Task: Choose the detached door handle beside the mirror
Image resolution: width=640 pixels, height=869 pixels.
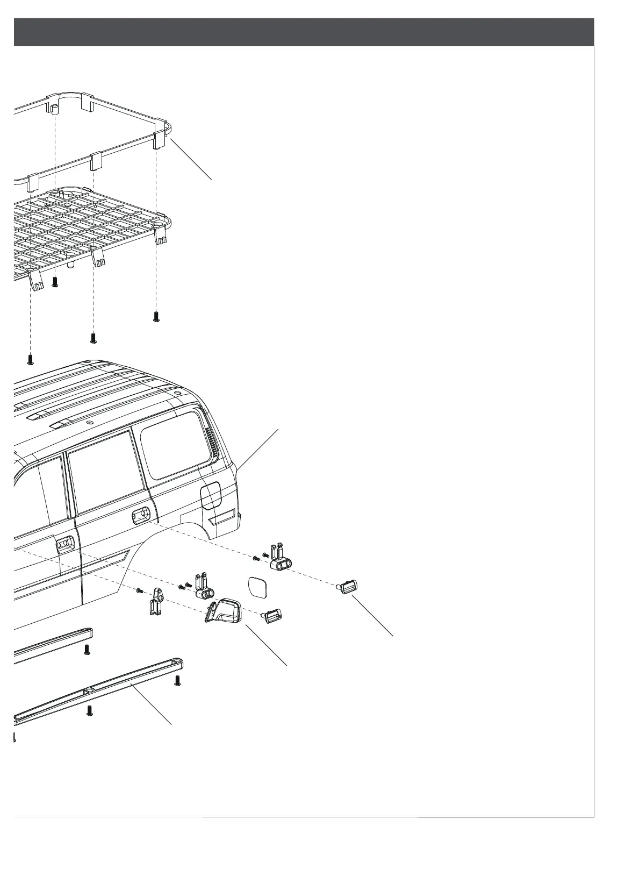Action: [272, 615]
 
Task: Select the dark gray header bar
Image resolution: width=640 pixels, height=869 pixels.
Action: [304, 32]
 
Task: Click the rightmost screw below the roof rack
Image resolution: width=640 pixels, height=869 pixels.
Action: [156, 317]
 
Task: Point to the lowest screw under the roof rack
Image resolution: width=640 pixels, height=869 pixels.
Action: [31, 359]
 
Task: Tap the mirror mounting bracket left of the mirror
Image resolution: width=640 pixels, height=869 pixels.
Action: [156, 602]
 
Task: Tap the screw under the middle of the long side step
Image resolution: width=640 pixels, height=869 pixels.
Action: [90, 711]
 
